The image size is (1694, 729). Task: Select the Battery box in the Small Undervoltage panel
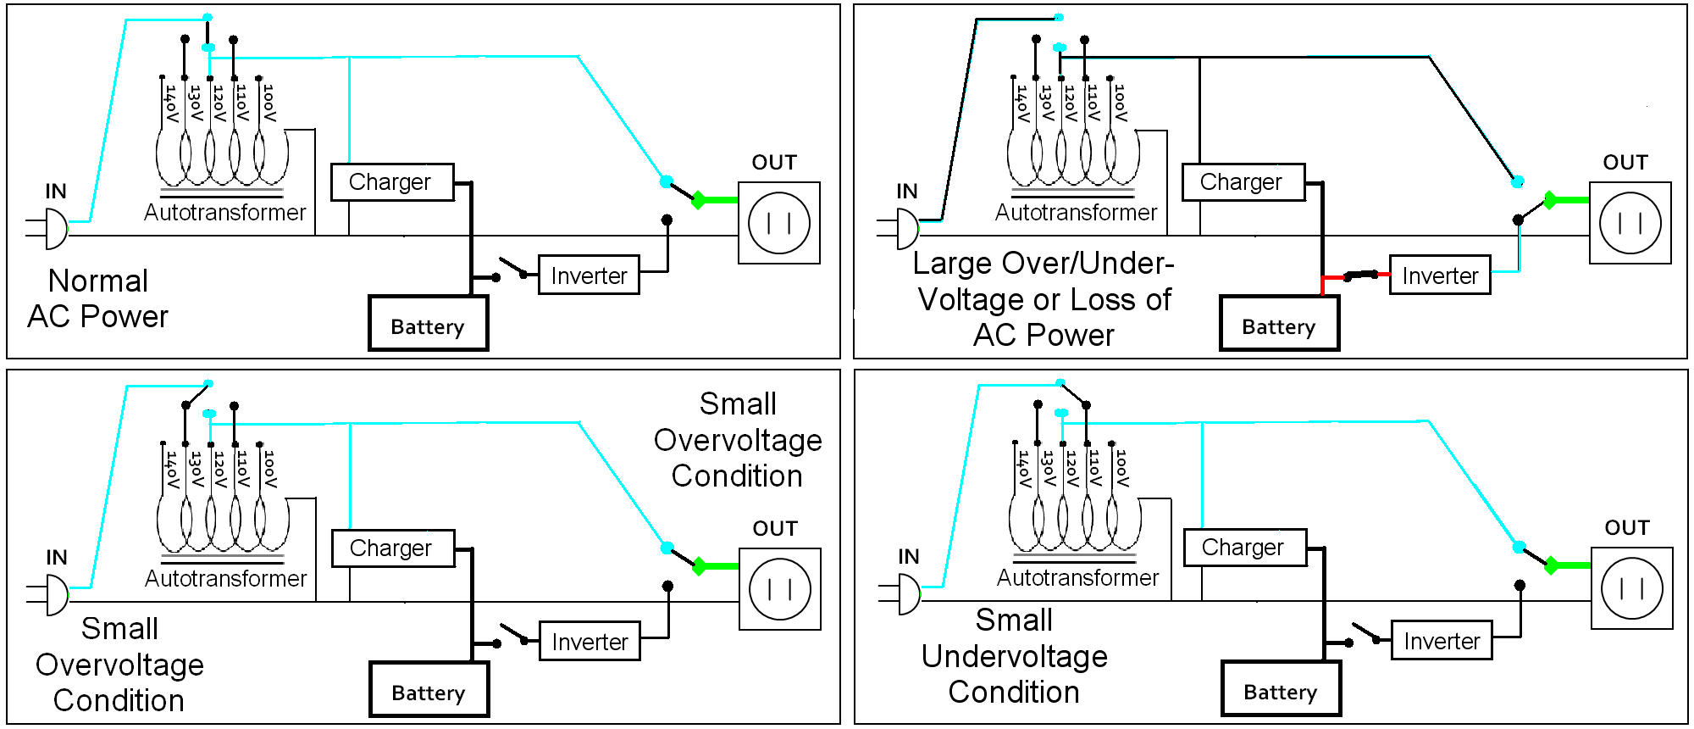click(x=1281, y=688)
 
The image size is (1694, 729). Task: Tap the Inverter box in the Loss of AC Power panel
click(x=1440, y=275)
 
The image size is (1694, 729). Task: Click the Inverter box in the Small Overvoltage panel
click(x=590, y=641)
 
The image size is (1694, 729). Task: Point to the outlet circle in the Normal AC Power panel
click(x=779, y=223)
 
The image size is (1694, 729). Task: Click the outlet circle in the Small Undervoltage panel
click(x=1632, y=588)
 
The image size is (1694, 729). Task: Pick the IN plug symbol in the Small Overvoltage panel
click(x=49, y=594)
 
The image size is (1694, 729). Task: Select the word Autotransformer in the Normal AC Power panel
click(x=224, y=212)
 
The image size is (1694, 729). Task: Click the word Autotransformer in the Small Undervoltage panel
click(x=1077, y=577)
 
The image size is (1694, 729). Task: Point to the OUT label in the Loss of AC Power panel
click(x=1625, y=162)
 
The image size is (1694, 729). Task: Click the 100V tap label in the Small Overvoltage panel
click(x=269, y=469)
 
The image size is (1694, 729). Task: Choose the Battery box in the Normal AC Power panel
click(x=429, y=323)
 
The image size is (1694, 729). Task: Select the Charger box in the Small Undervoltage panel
click(x=1244, y=548)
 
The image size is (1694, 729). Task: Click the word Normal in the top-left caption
click(x=98, y=281)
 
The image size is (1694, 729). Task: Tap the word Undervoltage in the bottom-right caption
click(x=1014, y=656)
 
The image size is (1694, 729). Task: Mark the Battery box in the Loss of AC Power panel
click(x=1279, y=323)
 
